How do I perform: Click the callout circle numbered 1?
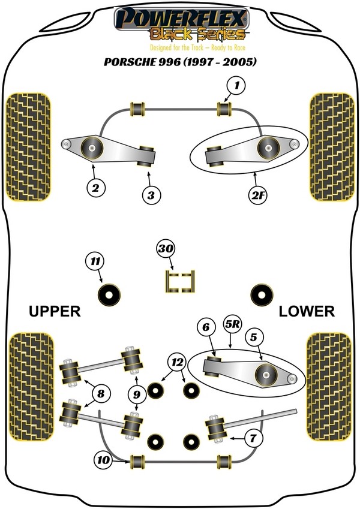236,86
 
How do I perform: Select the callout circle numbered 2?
95,188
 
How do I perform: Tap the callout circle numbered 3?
150,194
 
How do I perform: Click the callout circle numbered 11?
94,261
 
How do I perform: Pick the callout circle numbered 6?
205,327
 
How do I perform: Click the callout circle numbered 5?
254,338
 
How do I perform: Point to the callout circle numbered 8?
100,394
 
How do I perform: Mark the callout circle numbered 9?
137,394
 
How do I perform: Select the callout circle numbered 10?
103,460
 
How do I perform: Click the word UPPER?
54,311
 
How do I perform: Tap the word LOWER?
306,311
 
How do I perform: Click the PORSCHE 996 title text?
180,62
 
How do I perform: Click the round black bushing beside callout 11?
110,294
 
